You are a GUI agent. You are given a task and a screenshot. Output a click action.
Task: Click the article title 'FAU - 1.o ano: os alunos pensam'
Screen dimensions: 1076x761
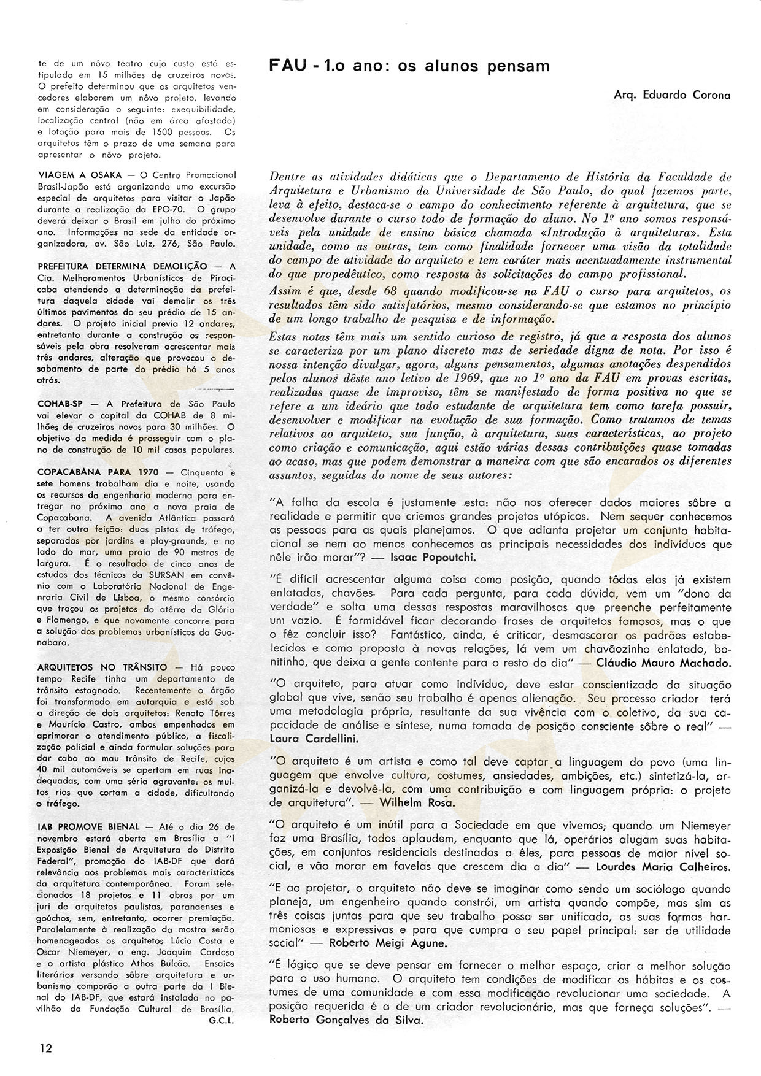(x=410, y=66)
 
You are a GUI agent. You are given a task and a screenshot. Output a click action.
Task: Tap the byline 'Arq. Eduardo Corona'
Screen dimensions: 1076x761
(x=671, y=95)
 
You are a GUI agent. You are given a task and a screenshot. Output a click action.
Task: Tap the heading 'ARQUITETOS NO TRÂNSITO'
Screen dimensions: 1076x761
(x=102, y=666)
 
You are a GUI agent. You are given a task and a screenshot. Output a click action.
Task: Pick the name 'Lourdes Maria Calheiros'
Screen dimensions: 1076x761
(x=655, y=867)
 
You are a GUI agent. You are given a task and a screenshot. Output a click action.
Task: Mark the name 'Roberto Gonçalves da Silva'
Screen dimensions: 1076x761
(x=346, y=1020)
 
